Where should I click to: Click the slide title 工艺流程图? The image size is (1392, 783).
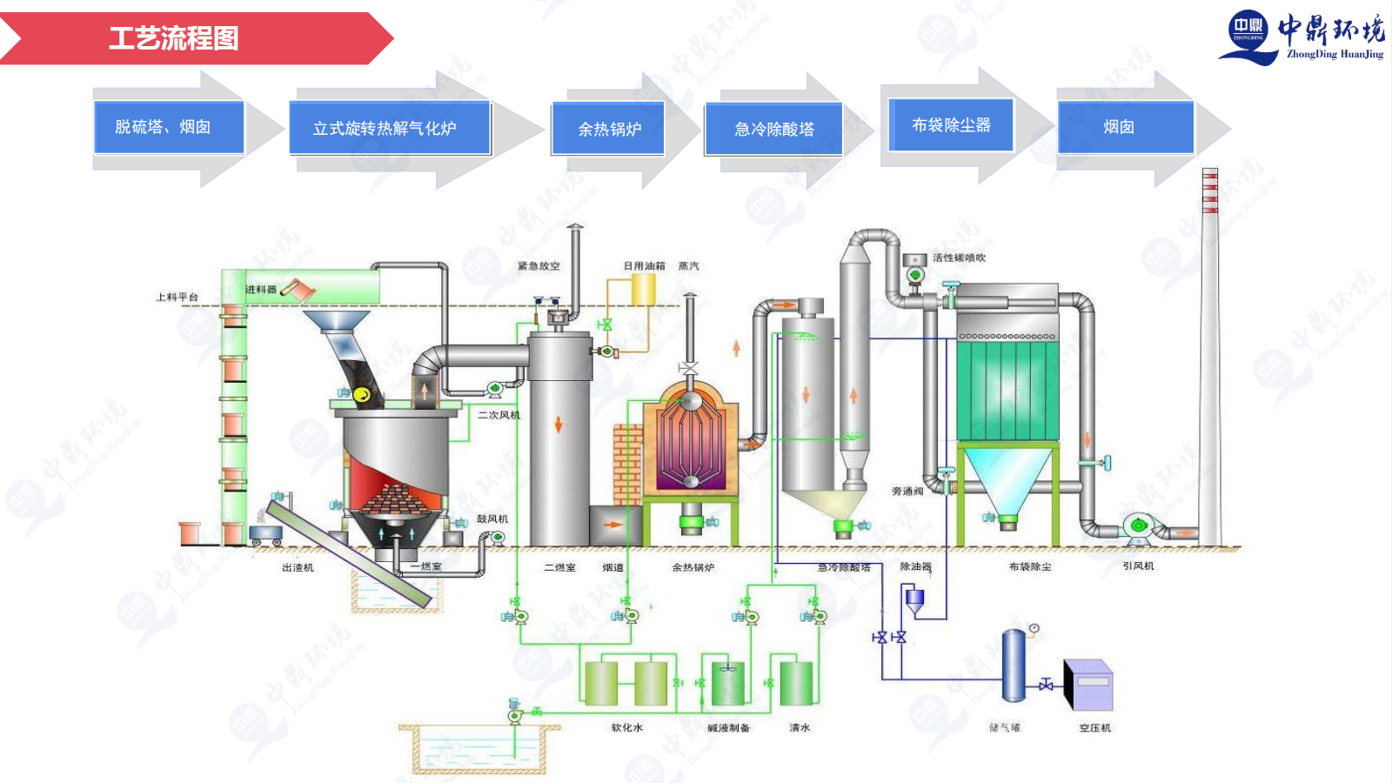click(174, 38)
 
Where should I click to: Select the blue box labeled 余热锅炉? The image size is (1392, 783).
click(609, 129)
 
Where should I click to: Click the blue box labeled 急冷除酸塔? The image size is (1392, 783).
click(773, 129)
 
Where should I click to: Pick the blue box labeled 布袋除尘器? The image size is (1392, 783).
click(951, 125)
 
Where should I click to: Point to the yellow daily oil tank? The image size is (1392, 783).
click(643, 289)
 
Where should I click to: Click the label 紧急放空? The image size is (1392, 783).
click(539, 266)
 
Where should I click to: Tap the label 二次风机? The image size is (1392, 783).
click(499, 415)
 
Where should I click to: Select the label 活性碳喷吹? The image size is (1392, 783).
click(959, 258)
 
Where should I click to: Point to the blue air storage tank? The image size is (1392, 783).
click(1013, 666)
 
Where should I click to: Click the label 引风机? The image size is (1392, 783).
click(1138, 565)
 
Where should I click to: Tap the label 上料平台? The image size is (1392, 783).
click(177, 298)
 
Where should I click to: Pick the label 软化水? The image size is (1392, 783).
click(626, 727)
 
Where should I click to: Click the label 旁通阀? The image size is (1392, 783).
click(907, 492)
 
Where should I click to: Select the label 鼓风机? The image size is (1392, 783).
click(492, 519)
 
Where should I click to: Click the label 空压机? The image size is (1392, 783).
click(1094, 727)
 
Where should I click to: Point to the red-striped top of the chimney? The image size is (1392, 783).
click(1209, 191)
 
